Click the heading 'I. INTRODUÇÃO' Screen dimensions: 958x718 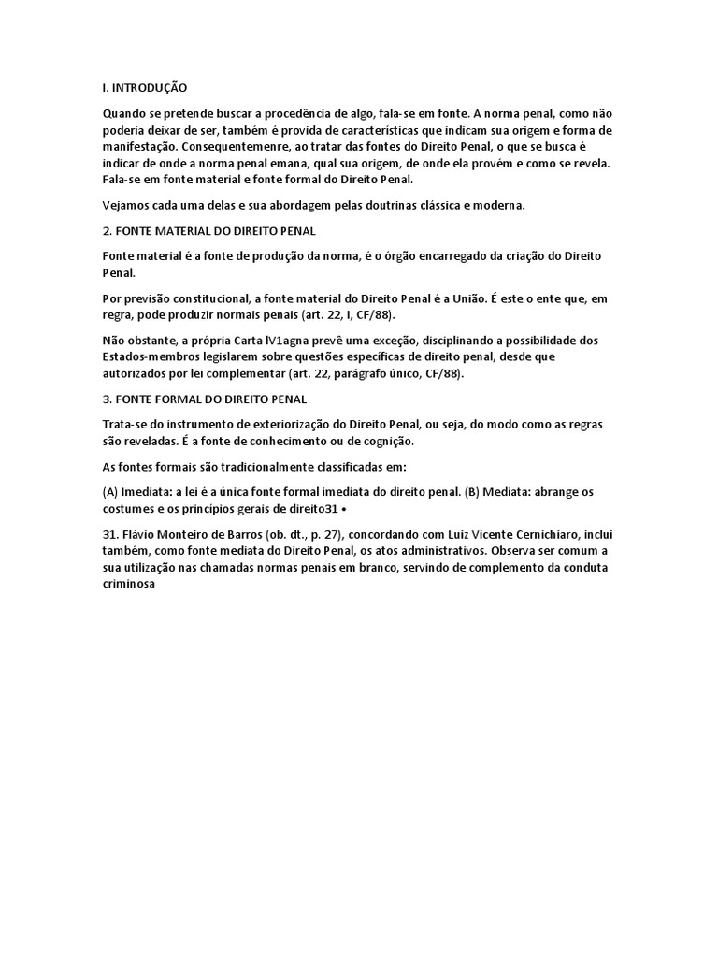145,87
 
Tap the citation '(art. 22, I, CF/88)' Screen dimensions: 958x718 325,314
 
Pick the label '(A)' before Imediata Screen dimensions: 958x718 111,491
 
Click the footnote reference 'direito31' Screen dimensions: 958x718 317,508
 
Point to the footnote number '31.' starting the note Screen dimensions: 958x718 112,534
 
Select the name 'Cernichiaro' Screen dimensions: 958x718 524,534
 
